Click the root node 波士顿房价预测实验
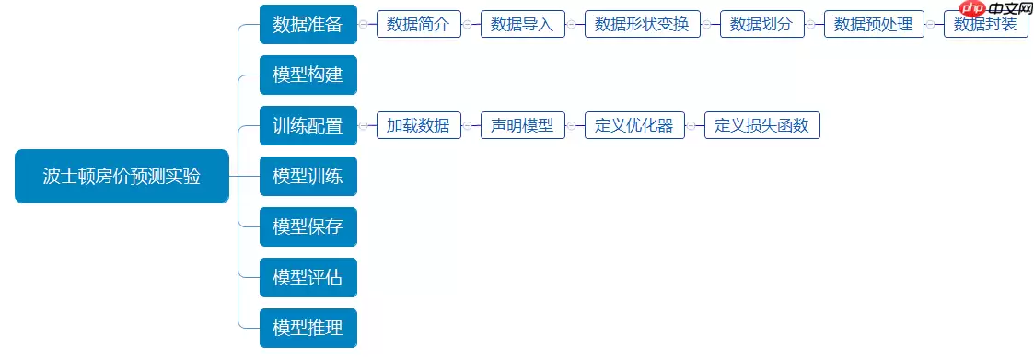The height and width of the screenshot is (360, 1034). point(122,176)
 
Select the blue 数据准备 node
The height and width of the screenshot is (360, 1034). point(308,24)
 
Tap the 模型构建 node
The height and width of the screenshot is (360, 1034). point(308,75)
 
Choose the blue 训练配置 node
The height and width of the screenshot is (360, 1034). point(308,125)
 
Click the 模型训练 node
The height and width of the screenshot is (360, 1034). point(308,176)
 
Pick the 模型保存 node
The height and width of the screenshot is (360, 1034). point(308,226)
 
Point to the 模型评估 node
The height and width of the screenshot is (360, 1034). point(308,277)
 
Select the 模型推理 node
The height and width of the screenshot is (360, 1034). point(308,328)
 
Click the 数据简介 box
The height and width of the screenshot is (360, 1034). point(418,24)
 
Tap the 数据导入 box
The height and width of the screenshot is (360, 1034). point(522,24)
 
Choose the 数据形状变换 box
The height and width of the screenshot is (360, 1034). point(642,24)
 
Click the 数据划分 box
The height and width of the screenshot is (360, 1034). point(761,24)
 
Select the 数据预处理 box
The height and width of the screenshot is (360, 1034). point(874,24)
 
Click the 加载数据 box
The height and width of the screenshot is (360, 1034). point(418,125)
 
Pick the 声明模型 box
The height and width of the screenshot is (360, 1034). point(522,125)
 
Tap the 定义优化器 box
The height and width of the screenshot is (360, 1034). point(633,125)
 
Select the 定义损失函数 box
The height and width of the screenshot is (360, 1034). point(761,125)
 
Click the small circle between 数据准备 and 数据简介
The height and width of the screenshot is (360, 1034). point(365,24)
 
